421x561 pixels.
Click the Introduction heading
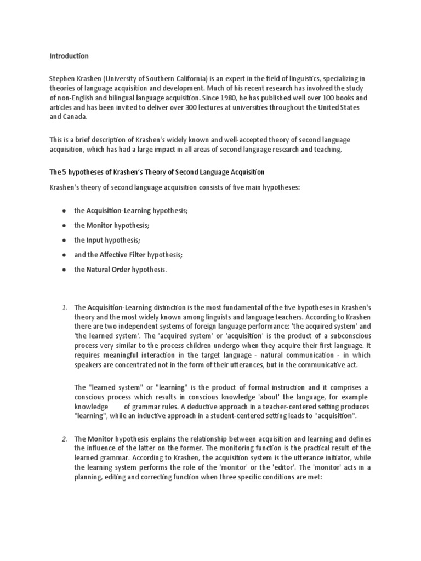[x=69, y=56]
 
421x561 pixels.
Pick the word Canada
[x=75, y=117]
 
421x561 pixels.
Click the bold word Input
[x=95, y=240]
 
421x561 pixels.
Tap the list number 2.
[x=65, y=439]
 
